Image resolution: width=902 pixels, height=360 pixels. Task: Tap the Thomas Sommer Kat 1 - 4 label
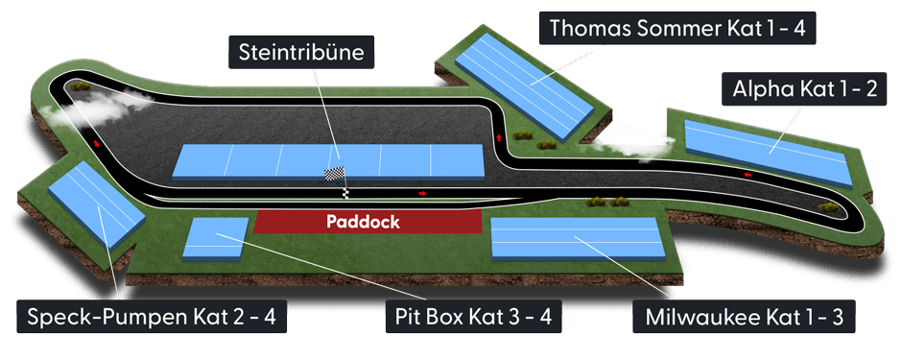coord(677,29)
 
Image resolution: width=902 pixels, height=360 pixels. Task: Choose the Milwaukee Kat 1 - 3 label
coord(738,318)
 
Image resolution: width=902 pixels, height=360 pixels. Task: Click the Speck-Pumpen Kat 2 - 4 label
coord(153,318)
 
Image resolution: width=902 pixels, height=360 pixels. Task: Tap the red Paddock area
coord(367,221)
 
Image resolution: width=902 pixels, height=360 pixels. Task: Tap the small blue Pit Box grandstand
coord(217,239)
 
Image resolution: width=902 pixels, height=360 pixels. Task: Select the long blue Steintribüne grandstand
coord(328,161)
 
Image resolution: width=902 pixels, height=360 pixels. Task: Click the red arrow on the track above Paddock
coord(421,193)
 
